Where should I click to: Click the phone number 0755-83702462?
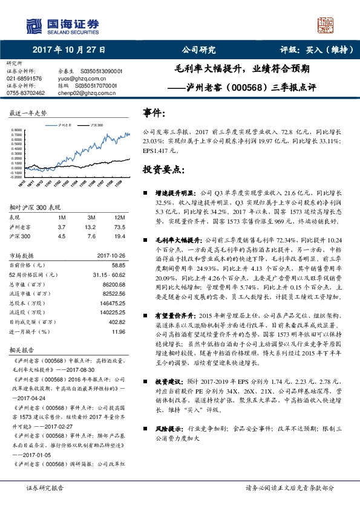25,92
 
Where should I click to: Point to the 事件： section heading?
155,112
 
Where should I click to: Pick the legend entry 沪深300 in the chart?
95,124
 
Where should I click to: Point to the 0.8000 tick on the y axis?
16,130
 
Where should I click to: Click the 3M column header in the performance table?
93,217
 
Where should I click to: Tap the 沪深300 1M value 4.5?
61,236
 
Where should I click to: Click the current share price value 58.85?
117,265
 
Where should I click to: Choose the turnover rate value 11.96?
118,332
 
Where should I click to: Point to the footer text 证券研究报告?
44,487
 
